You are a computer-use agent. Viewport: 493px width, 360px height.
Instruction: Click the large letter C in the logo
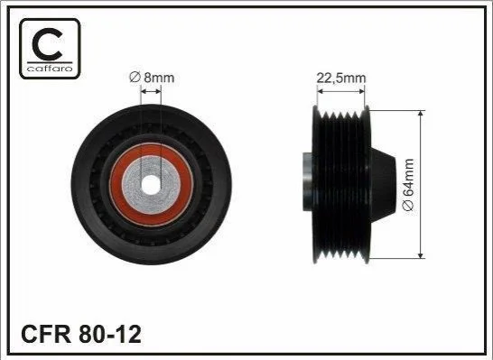tap(47, 44)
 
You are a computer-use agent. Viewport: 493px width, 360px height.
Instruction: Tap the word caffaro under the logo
tap(50, 69)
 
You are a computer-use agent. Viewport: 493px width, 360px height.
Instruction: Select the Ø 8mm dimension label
tap(152, 78)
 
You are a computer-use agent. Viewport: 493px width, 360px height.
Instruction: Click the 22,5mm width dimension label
tap(340, 78)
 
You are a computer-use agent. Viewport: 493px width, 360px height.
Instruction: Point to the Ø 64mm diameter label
tap(408, 184)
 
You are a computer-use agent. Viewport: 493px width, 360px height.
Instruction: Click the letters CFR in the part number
tap(46, 334)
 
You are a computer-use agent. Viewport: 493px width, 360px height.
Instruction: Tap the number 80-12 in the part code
tap(110, 334)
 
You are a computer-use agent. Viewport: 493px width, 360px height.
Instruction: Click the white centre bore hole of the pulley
tap(151, 185)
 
